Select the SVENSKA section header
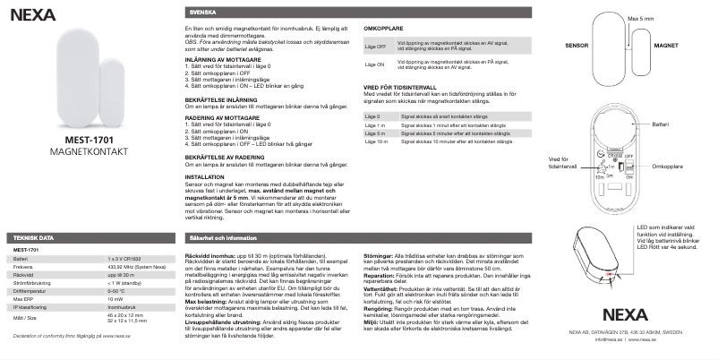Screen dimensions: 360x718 202,13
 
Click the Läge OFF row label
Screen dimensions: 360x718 376,45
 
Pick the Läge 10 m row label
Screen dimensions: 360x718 377,141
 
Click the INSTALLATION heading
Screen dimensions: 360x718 205,176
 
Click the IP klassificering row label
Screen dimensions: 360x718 33,307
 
